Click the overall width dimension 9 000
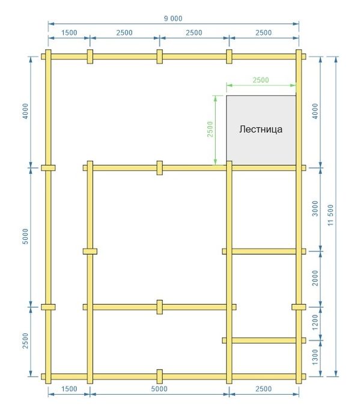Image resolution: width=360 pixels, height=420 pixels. pyautogui.click(x=173, y=19)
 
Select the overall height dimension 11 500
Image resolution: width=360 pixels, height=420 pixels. pyautogui.click(x=331, y=215)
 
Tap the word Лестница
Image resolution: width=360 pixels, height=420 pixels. pyautogui.click(x=261, y=129)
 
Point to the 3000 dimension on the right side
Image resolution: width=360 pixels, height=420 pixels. pyautogui.click(x=316, y=208)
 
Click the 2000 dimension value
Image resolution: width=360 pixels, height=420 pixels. pyautogui.click(x=316, y=278)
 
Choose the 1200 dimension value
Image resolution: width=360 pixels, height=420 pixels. pyautogui.click(x=316, y=322)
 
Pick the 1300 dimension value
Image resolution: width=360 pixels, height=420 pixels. pyautogui.click(x=316, y=357)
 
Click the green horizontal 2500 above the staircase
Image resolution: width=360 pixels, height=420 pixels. pyautogui.click(x=261, y=80)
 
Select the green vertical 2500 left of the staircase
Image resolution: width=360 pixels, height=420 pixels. pyautogui.click(x=210, y=129)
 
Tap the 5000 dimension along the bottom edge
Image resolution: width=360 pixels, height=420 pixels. pyautogui.click(x=159, y=389)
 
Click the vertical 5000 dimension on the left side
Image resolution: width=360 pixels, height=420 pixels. pyautogui.click(x=25, y=236)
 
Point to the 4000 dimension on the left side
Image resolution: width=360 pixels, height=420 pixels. pyautogui.click(x=25, y=111)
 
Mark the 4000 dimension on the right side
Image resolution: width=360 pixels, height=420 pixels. pyautogui.click(x=316, y=111)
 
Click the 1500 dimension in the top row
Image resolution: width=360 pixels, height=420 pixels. pyautogui.click(x=69, y=32)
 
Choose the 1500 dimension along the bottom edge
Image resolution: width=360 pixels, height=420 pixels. pyautogui.click(x=69, y=389)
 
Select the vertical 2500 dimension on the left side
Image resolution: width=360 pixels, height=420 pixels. pyautogui.click(x=25, y=341)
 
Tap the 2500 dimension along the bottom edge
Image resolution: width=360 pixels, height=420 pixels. pyautogui.click(x=264, y=389)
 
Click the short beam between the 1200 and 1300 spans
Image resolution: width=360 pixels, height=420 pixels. pyautogui.click(x=264, y=341)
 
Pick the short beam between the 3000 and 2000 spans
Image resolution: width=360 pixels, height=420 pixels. pyautogui.click(x=264, y=251)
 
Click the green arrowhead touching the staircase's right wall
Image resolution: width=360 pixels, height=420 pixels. pyautogui.click(x=293, y=85)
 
